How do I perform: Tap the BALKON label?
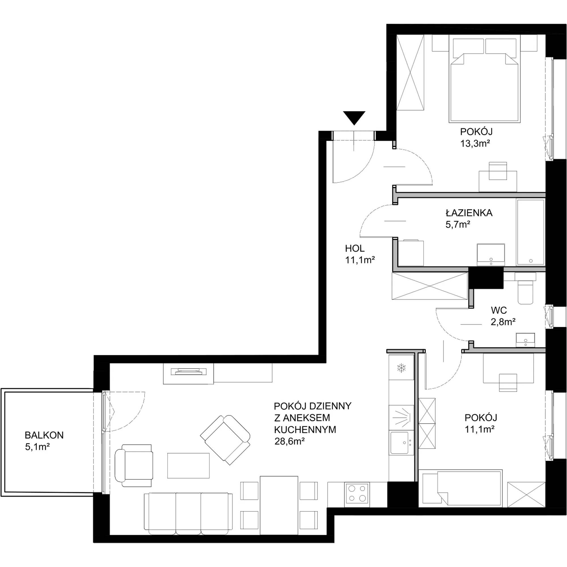44,435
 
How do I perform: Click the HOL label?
355,249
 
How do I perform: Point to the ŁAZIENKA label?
469,213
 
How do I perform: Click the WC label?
499,310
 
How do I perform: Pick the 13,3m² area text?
475,143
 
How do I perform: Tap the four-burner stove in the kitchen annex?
357,493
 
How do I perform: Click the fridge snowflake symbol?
401,368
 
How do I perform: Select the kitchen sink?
401,443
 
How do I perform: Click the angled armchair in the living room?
225,440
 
